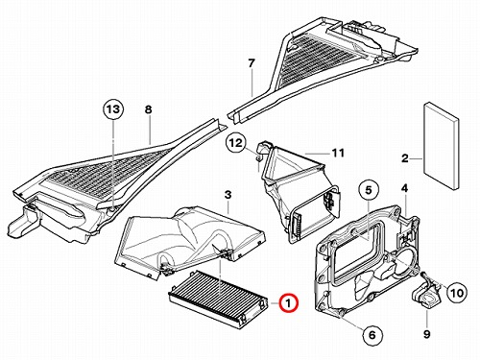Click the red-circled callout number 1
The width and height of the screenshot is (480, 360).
[x=288, y=302]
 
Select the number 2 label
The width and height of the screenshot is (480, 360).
[x=405, y=158]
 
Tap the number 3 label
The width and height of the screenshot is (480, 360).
[x=228, y=195]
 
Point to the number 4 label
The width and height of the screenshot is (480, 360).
[x=405, y=188]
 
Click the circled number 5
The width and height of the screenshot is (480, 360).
[x=369, y=190]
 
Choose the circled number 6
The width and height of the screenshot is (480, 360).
[x=372, y=335]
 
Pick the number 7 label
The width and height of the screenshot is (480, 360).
[x=252, y=63]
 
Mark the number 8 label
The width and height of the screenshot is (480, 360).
[x=148, y=109]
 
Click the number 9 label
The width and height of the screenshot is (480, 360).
[x=427, y=335]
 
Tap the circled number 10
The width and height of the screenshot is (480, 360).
[x=457, y=293]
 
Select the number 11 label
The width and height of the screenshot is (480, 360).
[x=338, y=153]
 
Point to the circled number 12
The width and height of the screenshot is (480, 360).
[x=236, y=143]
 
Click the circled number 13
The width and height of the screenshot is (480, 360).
[x=113, y=109]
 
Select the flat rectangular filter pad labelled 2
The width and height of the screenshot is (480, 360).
[x=441, y=147]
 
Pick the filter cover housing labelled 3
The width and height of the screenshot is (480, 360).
[x=190, y=243]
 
